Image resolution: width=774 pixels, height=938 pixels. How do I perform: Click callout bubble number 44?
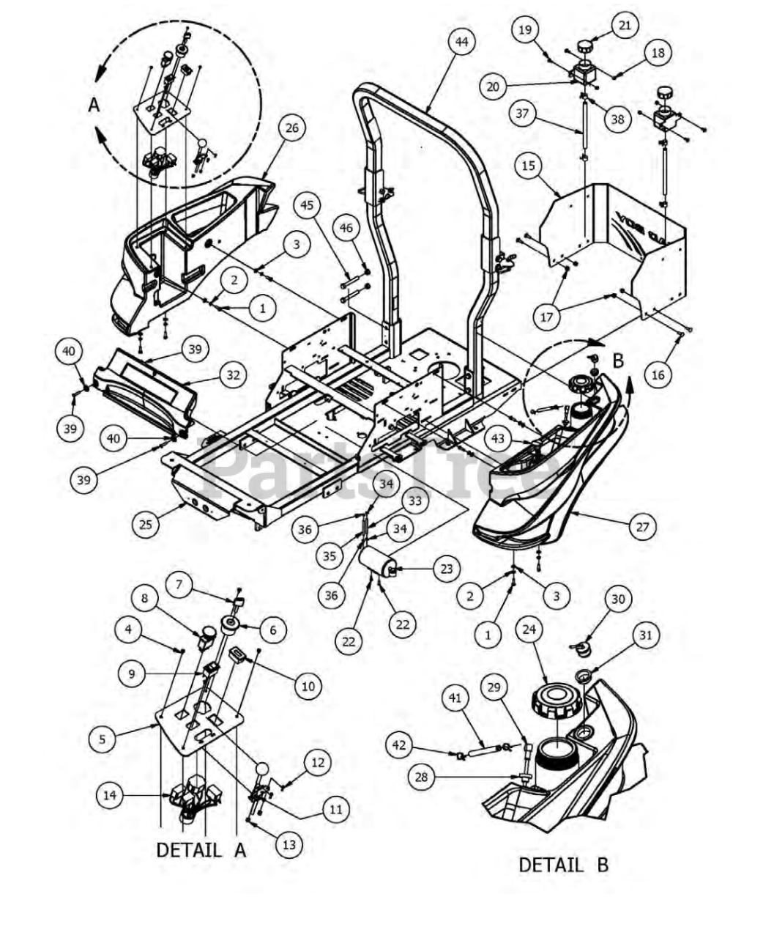point(461,43)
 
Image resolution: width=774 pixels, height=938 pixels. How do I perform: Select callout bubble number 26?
point(291,128)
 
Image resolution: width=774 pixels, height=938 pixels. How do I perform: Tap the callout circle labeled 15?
point(528,166)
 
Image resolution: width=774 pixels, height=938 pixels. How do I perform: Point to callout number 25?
point(146,524)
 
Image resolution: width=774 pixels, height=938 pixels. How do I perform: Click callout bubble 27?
point(642,527)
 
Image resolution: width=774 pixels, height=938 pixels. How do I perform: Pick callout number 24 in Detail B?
point(529,629)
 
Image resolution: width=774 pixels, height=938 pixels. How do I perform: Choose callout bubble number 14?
point(110,796)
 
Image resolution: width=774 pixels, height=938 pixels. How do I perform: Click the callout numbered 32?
point(233,375)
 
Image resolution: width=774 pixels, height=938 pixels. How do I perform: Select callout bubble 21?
point(624,25)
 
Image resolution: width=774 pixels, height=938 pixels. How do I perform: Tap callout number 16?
point(658,375)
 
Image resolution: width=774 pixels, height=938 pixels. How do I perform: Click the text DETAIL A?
point(201,850)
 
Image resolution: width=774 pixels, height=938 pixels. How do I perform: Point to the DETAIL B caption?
point(563,865)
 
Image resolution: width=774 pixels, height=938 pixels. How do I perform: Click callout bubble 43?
point(499,439)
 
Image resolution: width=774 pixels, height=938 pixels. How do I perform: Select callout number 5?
point(102,739)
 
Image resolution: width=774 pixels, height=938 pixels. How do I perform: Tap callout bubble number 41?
point(455,698)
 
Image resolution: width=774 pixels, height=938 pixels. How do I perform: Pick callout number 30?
point(618,599)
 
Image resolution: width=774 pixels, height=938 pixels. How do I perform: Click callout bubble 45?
point(307,205)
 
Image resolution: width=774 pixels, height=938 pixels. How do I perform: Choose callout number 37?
point(522,114)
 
